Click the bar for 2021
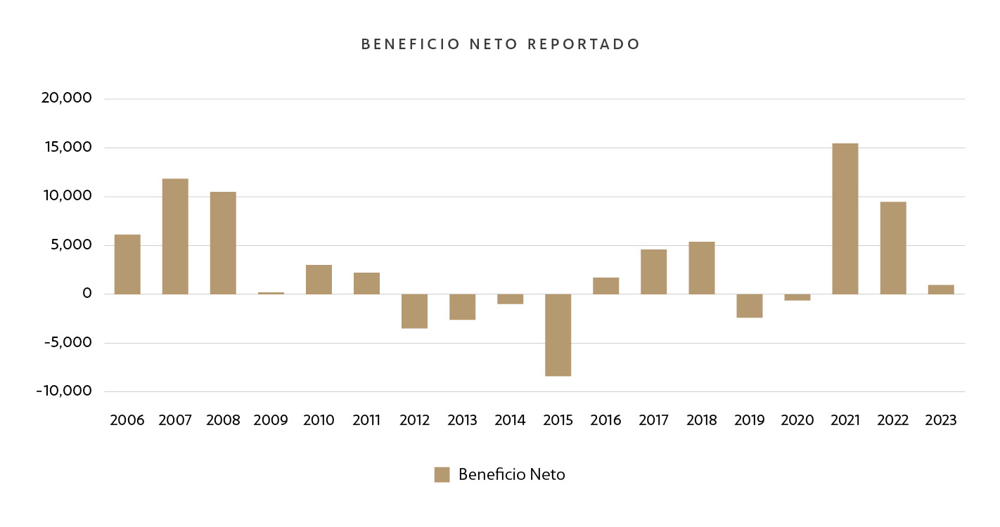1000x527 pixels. pyautogui.click(x=845, y=219)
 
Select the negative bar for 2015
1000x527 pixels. pyautogui.click(x=558, y=335)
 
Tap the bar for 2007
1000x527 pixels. pyautogui.click(x=175, y=236)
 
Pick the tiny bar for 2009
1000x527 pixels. pyautogui.click(x=271, y=293)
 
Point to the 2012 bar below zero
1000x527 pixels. pyautogui.click(x=414, y=311)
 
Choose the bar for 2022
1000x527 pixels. pyautogui.click(x=892, y=248)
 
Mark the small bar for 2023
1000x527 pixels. pyautogui.click(x=940, y=289)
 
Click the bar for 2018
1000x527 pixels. pyautogui.click(x=701, y=268)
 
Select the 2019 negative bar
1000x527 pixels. pyautogui.click(x=749, y=306)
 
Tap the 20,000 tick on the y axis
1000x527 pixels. pyautogui.click(x=67, y=98)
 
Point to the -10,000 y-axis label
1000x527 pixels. pyautogui.click(x=64, y=391)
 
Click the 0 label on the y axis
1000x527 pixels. pyautogui.click(x=87, y=294)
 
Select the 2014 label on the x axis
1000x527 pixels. pyautogui.click(x=510, y=420)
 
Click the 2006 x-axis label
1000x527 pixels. pyautogui.click(x=127, y=420)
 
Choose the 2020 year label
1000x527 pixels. pyautogui.click(x=797, y=420)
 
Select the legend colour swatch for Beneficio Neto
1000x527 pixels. pyautogui.click(x=442, y=474)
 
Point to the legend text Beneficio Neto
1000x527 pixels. pyautogui.click(x=511, y=474)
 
